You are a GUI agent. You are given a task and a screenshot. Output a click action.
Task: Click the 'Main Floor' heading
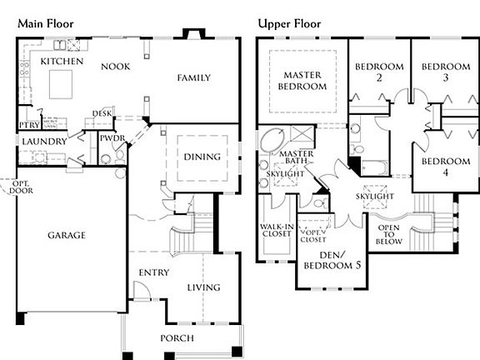(x=46, y=23)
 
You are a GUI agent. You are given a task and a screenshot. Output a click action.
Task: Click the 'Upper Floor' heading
(x=289, y=23)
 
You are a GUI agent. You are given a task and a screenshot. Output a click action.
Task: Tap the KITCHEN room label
(x=61, y=62)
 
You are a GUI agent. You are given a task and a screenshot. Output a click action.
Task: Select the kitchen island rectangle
(x=62, y=85)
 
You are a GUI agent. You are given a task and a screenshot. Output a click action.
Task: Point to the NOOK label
(x=114, y=66)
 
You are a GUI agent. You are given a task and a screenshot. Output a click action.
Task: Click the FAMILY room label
(x=192, y=77)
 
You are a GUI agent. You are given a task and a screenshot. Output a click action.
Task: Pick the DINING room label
(x=202, y=156)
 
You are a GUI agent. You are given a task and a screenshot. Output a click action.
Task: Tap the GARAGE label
(x=66, y=235)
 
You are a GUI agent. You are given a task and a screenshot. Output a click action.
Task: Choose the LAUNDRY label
(x=44, y=142)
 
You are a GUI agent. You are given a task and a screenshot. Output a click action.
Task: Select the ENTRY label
(x=154, y=272)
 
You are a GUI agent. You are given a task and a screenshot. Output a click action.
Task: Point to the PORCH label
(x=177, y=337)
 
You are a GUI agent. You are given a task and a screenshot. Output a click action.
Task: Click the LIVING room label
(x=203, y=287)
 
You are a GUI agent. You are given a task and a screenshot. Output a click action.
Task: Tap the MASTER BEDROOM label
(x=302, y=80)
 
